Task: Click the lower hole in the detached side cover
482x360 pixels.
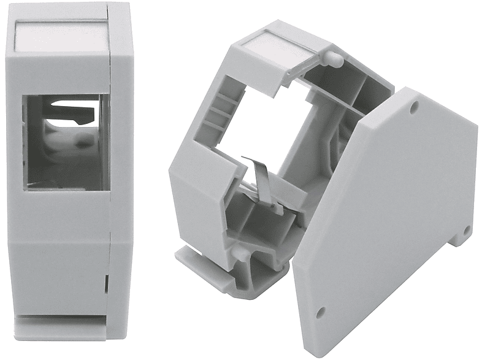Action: coord(319,314)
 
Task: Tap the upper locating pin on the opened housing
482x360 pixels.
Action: coord(334,58)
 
